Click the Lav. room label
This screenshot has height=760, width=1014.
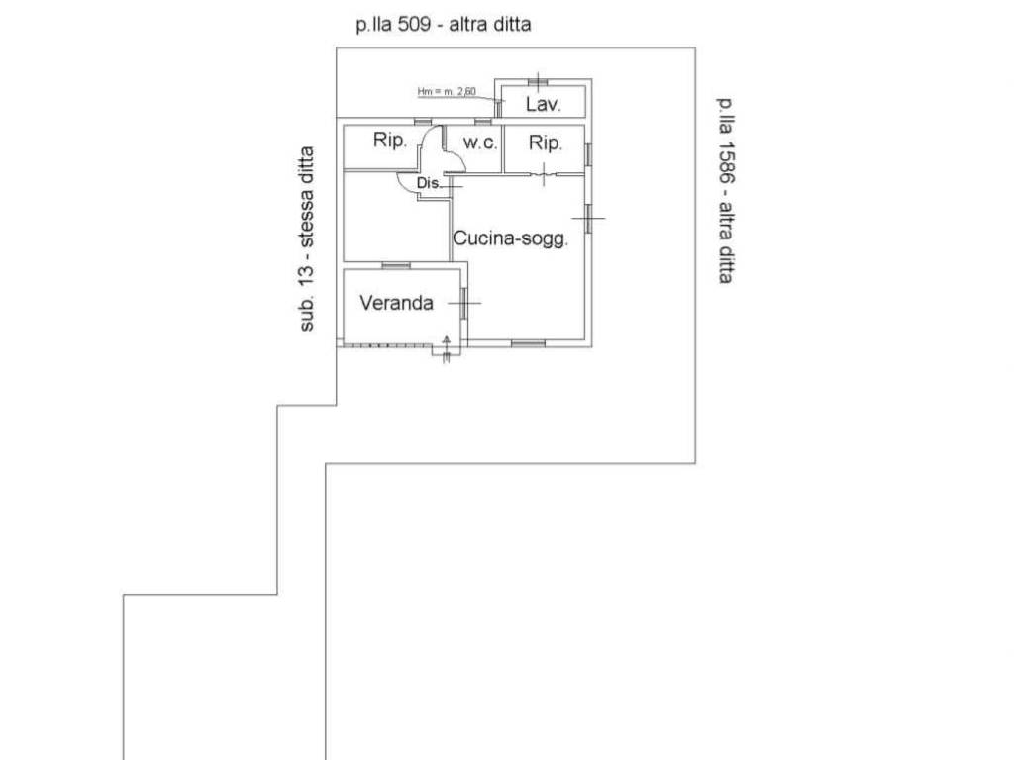[x=543, y=104]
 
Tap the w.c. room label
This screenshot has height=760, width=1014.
[x=480, y=142]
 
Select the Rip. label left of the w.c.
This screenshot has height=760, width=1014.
[x=389, y=141]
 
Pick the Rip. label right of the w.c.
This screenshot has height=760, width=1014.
[x=546, y=142]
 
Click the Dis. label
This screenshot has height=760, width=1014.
[x=428, y=183]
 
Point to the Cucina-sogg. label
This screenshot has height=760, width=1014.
[x=510, y=238]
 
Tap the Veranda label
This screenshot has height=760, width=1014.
[x=396, y=303]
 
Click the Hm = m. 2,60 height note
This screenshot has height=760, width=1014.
[x=447, y=92]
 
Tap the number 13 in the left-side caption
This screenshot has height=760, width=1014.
[x=307, y=269]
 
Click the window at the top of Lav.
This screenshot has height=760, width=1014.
[x=538, y=81]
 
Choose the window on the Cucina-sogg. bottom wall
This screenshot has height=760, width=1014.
[x=529, y=343]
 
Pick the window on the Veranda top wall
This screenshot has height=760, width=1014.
[x=396, y=265]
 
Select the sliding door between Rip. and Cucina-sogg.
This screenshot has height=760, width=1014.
[x=545, y=173]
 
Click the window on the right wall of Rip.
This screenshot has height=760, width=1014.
[x=588, y=154]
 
